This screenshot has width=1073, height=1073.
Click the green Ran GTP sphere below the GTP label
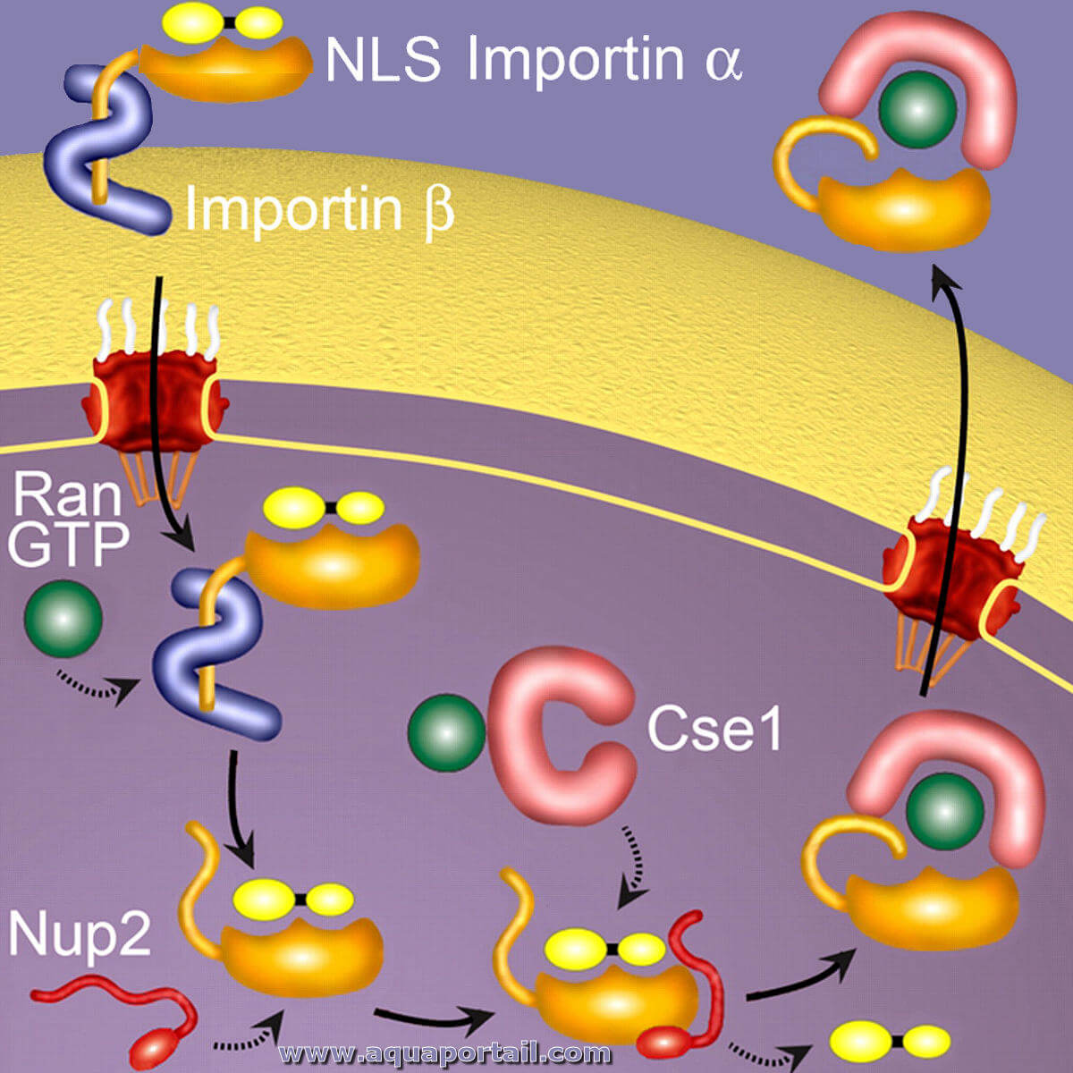63,619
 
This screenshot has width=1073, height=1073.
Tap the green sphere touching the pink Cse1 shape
446,733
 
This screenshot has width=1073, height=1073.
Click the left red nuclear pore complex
155,401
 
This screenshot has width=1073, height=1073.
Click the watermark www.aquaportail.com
444,1053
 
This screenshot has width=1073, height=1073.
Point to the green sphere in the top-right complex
917,108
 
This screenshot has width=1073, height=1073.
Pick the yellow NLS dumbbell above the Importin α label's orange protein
223,23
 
